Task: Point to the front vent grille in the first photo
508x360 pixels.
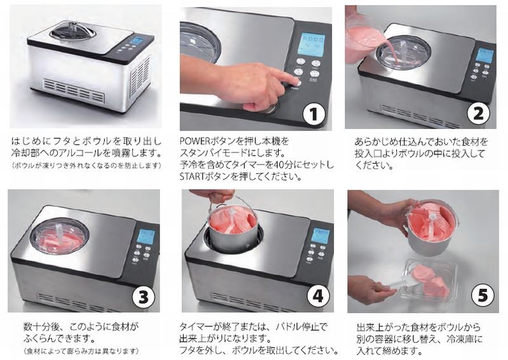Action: (75, 90)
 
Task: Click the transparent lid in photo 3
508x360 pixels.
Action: (60, 236)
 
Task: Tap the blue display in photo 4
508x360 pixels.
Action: (321, 236)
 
